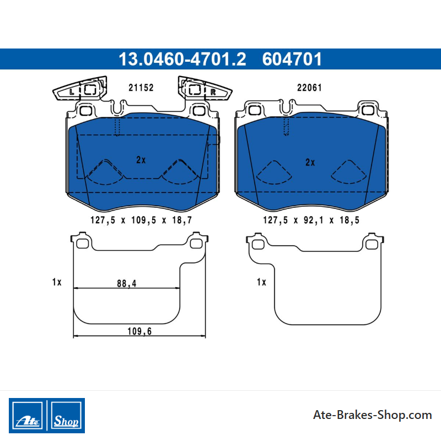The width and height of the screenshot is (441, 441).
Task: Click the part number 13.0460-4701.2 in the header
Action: [x=182, y=59]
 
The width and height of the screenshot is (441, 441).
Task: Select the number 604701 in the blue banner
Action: [x=292, y=59]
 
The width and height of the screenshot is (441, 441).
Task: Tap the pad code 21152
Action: [x=141, y=88]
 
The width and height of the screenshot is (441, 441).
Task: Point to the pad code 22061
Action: [x=309, y=88]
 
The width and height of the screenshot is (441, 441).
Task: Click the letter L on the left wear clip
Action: [x=72, y=92]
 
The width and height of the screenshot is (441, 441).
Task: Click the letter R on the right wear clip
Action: [x=213, y=92]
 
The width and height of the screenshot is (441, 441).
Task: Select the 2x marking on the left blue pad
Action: [x=141, y=160]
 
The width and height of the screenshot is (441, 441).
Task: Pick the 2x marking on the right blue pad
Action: [x=310, y=162]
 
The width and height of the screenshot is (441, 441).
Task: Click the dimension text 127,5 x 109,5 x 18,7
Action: [x=141, y=220]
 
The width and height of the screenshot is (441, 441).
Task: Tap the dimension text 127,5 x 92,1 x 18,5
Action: [x=311, y=220]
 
